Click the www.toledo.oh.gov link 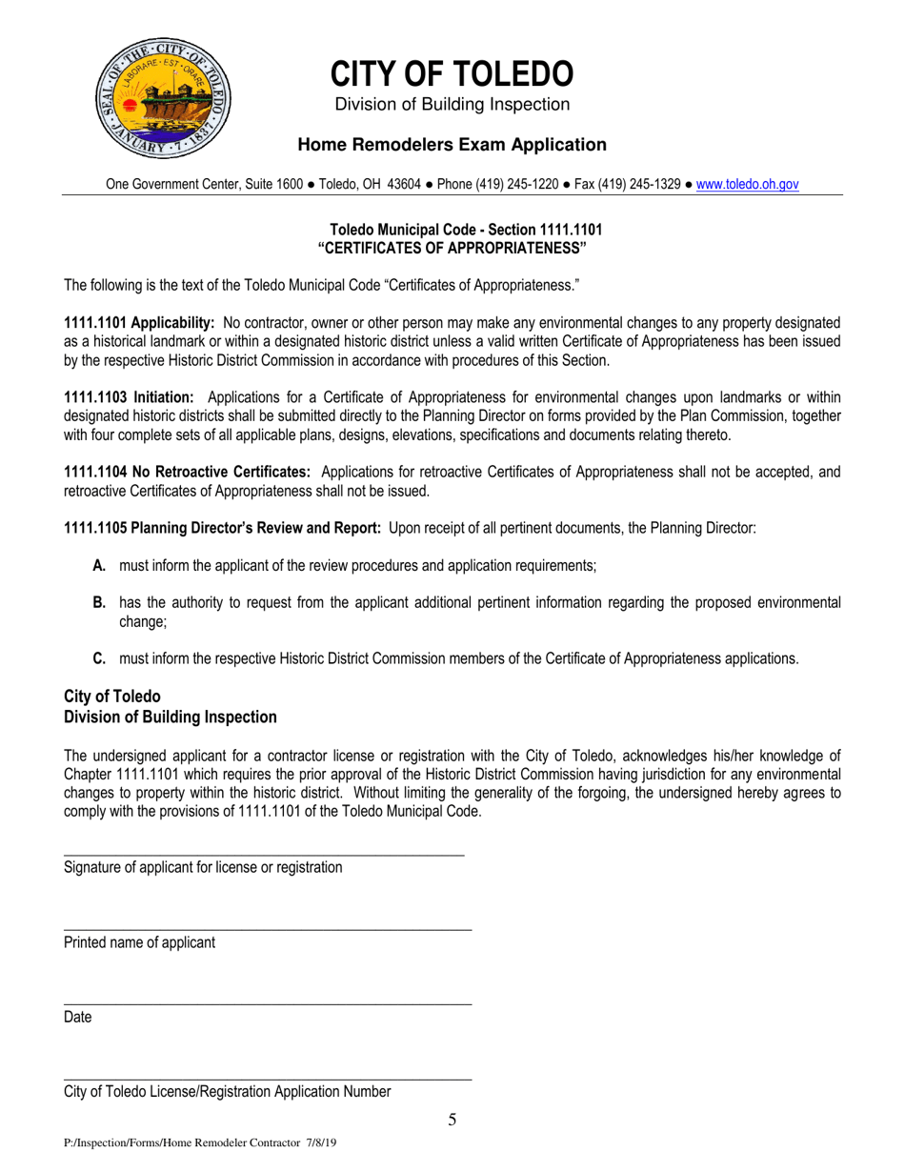747,186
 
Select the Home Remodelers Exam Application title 452,145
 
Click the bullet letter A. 99,566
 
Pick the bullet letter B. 99,602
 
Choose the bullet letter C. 99,657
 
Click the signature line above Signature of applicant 264,855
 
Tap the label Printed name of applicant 139,942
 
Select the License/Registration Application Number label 227,1092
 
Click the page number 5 452,1120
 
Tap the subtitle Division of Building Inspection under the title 452,104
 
